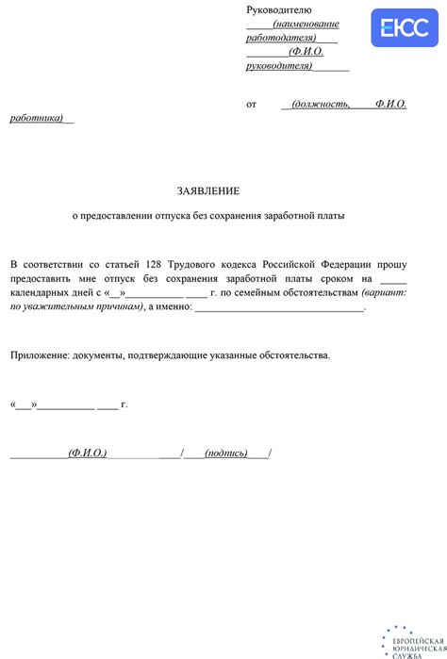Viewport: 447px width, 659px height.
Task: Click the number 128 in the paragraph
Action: coord(155,265)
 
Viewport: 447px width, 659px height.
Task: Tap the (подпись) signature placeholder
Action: coord(225,453)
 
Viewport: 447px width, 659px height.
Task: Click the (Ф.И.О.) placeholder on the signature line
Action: coord(87,453)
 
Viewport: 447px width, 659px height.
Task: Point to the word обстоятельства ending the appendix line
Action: coord(291,355)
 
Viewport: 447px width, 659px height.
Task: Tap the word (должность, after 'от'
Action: coord(321,105)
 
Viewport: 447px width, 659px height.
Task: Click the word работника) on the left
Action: coord(36,118)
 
